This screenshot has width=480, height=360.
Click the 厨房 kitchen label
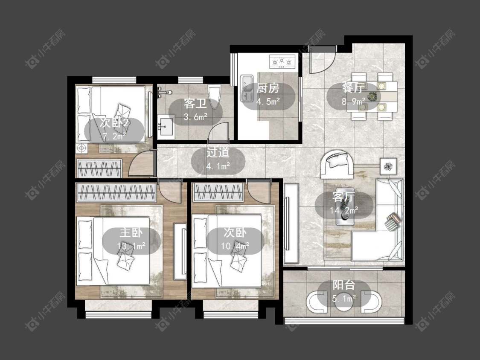(x=268, y=88)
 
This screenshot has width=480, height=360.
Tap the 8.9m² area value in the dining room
(x=354, y=102)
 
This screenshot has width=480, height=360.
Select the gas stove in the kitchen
(x=282, y=62)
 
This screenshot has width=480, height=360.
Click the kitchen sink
(x=247, y=88)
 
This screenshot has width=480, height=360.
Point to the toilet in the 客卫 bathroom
(x=214, y=96)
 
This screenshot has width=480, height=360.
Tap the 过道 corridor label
(x=218, y=152)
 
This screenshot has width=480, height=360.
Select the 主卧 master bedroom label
(x=131, y=232)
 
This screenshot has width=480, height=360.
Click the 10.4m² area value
(x=235, y=246)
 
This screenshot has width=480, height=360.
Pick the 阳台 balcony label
(x=344, y=285)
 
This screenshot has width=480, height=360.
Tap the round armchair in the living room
(x=337, y=164)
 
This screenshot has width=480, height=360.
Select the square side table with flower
(x=388, y=166)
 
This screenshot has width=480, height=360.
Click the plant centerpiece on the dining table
(x=372, y=96)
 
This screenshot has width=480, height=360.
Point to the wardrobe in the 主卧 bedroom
(x=116, y=192)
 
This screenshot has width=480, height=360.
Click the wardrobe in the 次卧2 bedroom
(x=99, y=168)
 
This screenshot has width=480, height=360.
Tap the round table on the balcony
(x=343, y=302)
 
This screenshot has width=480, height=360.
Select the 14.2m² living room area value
(x=344, y=210)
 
